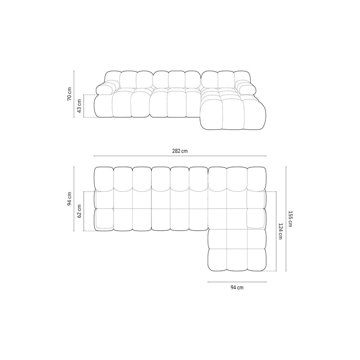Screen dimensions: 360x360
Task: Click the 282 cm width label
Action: [180, 151]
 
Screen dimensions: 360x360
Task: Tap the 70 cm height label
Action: [69, 94]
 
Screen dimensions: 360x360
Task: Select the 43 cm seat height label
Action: [80, 106]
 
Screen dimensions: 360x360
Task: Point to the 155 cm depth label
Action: [290, 219]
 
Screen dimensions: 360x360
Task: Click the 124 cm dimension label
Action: [280, 231]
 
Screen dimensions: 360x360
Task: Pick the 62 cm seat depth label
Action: [80, 211]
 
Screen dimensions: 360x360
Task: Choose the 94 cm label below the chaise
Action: [237, 288]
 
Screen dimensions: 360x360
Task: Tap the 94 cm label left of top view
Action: [69, 199]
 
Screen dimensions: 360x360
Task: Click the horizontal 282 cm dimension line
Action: [180, 156]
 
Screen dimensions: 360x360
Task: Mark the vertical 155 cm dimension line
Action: [286, 219]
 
